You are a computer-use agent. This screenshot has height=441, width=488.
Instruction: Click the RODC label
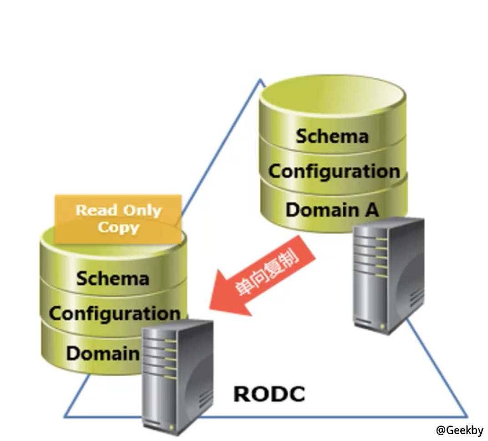[269, 393]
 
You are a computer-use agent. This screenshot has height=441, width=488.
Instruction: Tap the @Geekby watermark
[459, 430]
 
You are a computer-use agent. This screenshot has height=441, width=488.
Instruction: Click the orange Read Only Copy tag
[118, 219]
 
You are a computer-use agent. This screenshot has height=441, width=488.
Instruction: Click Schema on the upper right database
[332, 136]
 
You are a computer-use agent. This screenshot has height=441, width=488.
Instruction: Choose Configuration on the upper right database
[334, 171]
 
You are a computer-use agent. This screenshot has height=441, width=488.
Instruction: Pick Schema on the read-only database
[112, 278]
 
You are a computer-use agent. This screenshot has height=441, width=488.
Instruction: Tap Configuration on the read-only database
[114, 313]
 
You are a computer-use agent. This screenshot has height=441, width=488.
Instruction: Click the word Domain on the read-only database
[103, 353]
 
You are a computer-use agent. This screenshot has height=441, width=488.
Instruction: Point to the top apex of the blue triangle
[261, 80]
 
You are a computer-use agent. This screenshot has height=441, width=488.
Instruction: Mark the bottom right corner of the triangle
[467, 416]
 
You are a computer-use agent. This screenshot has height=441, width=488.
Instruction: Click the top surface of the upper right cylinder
[332, 95]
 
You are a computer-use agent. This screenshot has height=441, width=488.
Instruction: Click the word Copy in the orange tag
[118, 227]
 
